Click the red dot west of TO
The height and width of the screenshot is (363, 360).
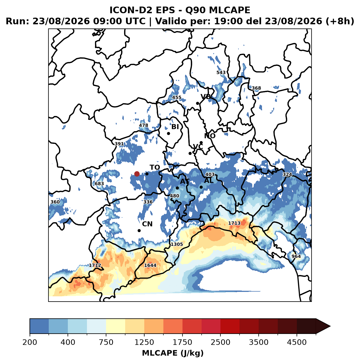tap(137, 174)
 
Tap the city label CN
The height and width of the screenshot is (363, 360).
tap(147, 224)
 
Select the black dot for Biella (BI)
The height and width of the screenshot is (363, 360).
tap(169, 133)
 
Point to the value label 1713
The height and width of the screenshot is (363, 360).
tap(234, 223)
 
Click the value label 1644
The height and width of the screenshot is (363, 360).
tap(150, 265)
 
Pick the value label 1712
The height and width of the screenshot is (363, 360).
tap(95, 265)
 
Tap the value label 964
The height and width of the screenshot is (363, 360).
tap(296, 256)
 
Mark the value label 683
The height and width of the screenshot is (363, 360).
tap(99, 183)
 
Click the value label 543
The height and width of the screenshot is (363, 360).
tap(221, 72)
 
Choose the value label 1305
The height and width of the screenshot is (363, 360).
tap(177, 244)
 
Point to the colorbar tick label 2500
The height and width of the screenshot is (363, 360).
tap(220, 342)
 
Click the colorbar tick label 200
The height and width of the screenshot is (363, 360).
tap(30, 342)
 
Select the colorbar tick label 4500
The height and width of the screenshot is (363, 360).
tap(297, 342)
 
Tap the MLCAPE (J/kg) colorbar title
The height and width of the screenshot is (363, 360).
tap(173, 353)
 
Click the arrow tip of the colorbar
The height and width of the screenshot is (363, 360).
tap(330, 326)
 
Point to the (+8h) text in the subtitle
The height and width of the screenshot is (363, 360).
tap(340, 21)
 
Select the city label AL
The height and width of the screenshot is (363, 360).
tap(209, 181)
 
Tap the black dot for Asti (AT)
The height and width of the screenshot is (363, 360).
tap(177, 188)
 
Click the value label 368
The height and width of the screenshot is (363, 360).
tap(256, 88)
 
